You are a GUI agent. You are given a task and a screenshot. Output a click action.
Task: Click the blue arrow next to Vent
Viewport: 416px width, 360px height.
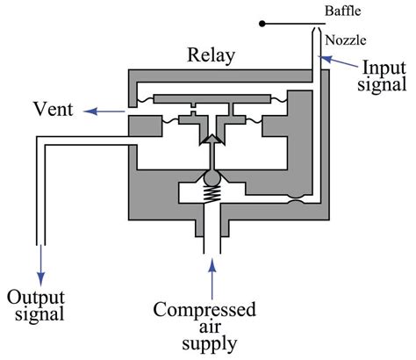[x=89, y=111]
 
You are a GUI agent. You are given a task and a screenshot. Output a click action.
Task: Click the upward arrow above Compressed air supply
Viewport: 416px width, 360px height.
[x=211, y=277]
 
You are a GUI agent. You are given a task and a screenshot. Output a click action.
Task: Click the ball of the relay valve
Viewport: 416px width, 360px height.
[x=211, y=180]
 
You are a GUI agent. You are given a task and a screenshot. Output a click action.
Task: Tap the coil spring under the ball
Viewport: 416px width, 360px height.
[x=211, y=199]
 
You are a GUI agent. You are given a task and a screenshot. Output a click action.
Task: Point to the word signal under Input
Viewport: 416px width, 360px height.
[x=384, y=86]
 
